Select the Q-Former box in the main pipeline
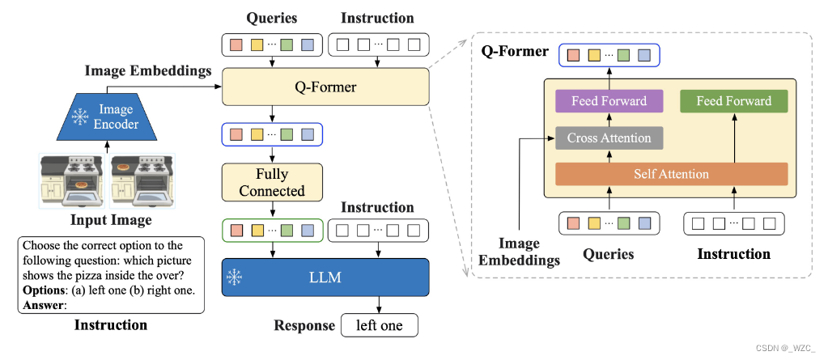(x=325, y=86)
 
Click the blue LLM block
(x=325, y=277)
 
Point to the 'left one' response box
(x=380, y=325)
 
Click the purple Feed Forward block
(x=609, y=101)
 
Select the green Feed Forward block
(x=733, y=101)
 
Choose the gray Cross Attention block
(x=609, y=138)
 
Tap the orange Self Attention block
(x=671, y=174)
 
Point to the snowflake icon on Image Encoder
(x=81, y=118)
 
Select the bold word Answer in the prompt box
(x=42, y=305)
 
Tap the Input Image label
(x=111, y=220)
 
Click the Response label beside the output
(x=304, y=325)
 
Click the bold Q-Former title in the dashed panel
(x=515, y=52)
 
